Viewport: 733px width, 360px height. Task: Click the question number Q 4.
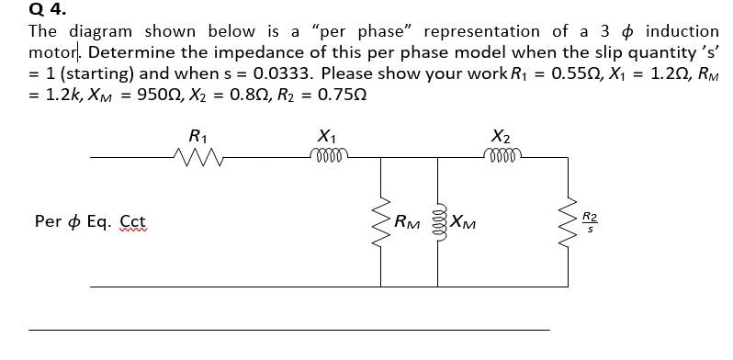tap(48, 10)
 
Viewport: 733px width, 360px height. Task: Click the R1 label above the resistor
tap(196, 136)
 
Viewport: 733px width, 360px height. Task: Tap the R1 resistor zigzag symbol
tap(196, 158)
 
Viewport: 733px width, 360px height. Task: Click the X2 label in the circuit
tap(501, 136)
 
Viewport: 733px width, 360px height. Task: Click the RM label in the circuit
tap(407, 221)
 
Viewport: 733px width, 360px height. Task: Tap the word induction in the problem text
tap(682, 31)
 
